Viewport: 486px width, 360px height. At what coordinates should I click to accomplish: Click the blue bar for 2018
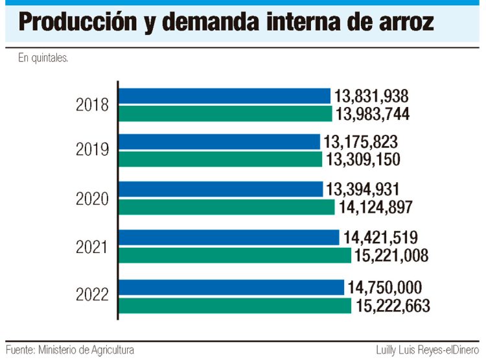click(x=225, y=96)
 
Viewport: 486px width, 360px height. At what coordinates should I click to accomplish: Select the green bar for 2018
click(x=226, y=114)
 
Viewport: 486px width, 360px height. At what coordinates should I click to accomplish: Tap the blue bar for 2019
click(x=220, y=142)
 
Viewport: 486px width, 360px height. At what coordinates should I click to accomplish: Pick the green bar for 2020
click(x=227, y=207)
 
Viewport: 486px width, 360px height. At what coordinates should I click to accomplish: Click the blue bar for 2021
click(x=229, y=237)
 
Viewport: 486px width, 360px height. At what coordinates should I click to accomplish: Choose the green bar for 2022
click(x=235, y=306)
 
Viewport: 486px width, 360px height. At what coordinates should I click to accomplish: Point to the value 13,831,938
click(x=371, y=96)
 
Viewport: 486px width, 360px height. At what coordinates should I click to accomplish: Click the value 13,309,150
click(x=364, y=160)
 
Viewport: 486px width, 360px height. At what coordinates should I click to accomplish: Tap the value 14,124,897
click(x=375, y=207)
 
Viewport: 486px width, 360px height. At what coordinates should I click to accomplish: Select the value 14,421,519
click(x=380, y=237)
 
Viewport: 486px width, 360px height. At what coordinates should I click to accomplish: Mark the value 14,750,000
click(x=385, y=287)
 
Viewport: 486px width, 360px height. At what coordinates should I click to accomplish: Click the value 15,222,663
click(x=393, y=306)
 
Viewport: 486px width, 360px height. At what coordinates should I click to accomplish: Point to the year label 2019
click(x=93, y=149)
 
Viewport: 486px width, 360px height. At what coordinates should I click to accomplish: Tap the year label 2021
click(x=92, y=247)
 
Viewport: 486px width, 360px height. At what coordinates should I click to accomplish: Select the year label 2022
click(x=93, y=294)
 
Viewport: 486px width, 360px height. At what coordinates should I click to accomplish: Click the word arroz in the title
click(x=406, y=22)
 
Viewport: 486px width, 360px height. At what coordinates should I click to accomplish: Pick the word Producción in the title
click(x=78, y=21)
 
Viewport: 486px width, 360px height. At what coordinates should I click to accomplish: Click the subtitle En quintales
click(x=43, y=58)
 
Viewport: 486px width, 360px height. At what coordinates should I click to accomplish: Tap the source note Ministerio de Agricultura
click(x=86, y=350)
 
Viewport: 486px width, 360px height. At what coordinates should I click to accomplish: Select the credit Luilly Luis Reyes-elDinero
click(x=428, y=350)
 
